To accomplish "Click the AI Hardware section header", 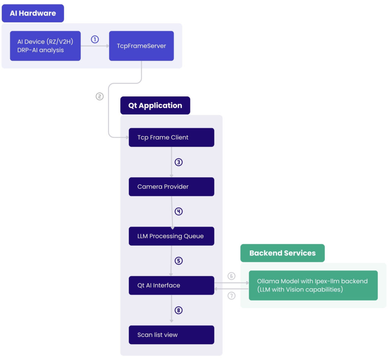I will (x=33, y=13).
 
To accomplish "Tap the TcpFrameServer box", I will (x=141, y=46).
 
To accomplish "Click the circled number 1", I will (x=95, y=39).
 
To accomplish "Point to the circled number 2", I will (x=99, y=96).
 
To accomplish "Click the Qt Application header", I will (x=155, y=106).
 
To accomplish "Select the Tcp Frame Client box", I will (x=171, y=137).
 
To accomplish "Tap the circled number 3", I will (x=178, y=162).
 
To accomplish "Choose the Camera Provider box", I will (x=171, y=186).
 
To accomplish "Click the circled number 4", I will (x=178, y=211).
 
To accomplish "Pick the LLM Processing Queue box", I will (x=171, y=236).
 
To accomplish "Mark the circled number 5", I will (x=178, y=261).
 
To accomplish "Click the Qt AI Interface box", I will (x=171, y=285).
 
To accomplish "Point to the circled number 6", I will (x=232, y=276).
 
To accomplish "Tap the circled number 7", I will (x=232, y=296).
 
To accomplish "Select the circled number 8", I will (x=178, y=310).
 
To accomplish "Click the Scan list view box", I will (x=171, y=335).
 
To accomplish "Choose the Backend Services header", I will (x=282, y=253).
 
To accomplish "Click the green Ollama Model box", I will (x=313, y=285).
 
